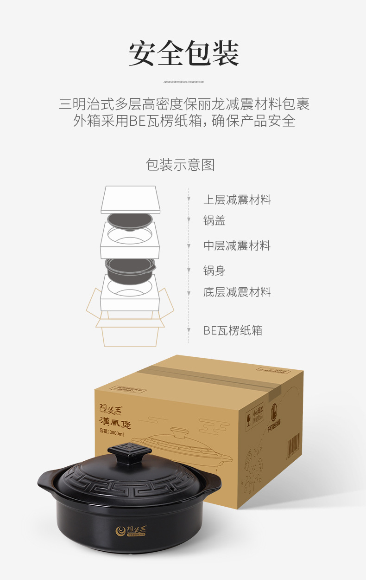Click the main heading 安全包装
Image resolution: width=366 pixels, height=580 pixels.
point(183,54)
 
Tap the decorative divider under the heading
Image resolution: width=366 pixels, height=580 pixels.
point(183,82)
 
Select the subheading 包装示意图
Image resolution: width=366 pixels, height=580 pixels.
point(180,165)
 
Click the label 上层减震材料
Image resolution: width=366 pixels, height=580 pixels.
point(237,200)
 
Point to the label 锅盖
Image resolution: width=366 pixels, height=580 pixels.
point(214,221)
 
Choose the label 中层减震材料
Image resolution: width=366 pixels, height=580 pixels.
point(237,245)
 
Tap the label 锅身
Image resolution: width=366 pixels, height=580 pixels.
point(214,270)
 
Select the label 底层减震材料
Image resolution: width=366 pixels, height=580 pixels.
point(237,292)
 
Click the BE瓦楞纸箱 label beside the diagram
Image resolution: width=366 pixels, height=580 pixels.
point(233,330)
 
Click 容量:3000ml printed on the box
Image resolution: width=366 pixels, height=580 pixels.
point(112,433)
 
